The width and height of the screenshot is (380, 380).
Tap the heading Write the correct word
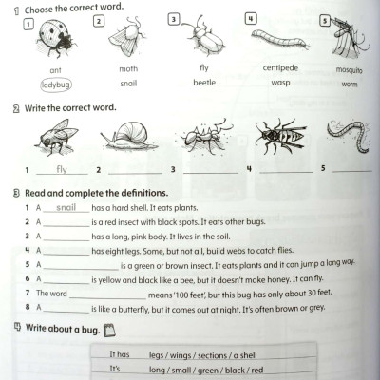(66, 107)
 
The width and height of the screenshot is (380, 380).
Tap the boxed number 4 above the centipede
(250, 18)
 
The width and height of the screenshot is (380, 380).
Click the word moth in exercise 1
(127, 69)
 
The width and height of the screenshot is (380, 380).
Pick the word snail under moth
(127, 84)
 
